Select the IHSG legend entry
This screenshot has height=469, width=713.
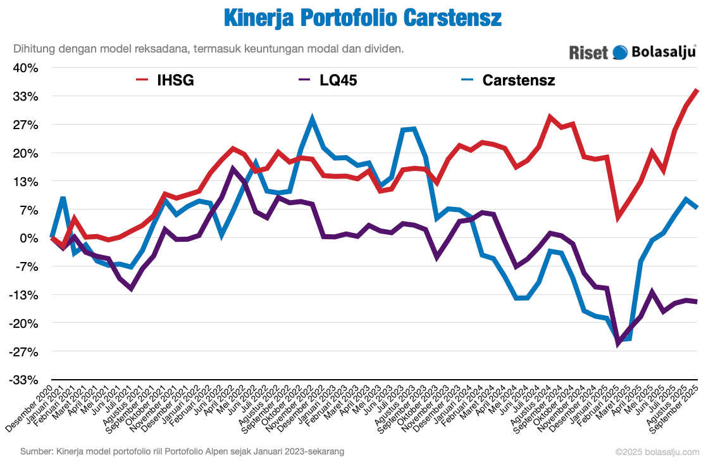tap(166, 80)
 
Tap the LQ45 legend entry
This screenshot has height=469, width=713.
tap(328, 80)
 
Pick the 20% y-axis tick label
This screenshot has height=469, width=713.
tap(25, 153)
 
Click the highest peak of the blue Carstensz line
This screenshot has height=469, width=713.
tap(312, 118)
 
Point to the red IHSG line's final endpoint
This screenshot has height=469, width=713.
tap(697, 90)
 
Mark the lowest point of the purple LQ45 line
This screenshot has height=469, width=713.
tap(618, 344)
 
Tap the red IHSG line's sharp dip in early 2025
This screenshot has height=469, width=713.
tap(618, 218)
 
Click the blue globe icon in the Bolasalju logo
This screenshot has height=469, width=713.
tap(620, 52)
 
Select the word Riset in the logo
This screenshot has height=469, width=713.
tap(588, 52)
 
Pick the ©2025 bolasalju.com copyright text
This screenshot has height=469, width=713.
tap(657, 452)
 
